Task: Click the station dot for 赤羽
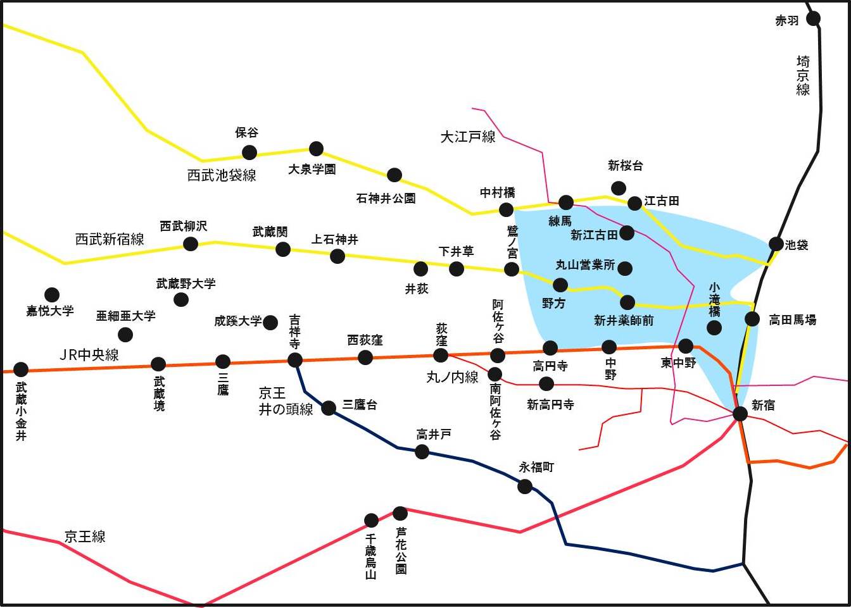coord(814,19)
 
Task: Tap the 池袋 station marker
coord(776,244)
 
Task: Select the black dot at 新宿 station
coord(740,414)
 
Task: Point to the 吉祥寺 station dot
coord(295,360)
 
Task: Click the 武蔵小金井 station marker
coord(21,369)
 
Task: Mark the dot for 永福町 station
coord(525,487)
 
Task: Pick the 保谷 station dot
coord(249,152)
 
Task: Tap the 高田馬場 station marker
coord(752,319)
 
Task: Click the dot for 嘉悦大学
coord(52,295)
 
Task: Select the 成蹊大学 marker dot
coord(270,323)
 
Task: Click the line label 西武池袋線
coord(222,175)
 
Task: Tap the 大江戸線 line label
coord(468,137)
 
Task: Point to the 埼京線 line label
coord(803,75)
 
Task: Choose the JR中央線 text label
coord(89,355)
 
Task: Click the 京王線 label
coord(85,537)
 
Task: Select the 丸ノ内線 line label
coord(452,378)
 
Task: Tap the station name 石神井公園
coord(386,199)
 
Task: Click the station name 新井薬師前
coord(624,321)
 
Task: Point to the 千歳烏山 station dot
coord(372,521)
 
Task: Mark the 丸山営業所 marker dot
coord(625,268)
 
